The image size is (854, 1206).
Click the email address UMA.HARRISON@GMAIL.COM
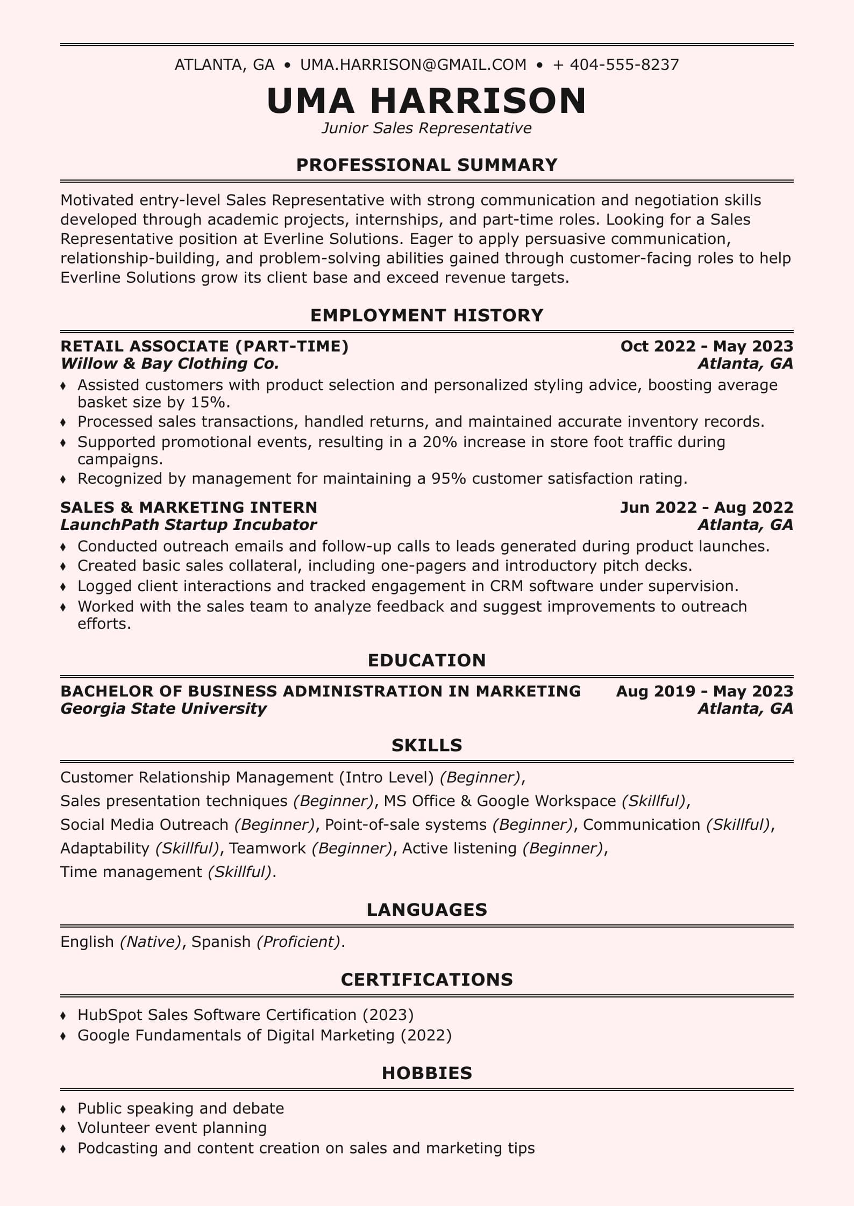point(413,65)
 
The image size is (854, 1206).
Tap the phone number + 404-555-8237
point(616,65)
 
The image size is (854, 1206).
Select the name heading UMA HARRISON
point(426,101)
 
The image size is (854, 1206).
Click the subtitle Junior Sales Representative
point(426,128)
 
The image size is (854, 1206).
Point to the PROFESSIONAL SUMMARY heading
point(426,164)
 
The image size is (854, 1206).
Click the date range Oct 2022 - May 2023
point(706,346)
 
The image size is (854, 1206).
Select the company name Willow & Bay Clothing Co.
point(170,364)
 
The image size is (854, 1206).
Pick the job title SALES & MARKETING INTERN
point(189,507)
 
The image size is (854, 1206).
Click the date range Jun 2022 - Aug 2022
point(706,507)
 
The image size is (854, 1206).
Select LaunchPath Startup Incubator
point(188,525)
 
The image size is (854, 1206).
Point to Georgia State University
point(163,708)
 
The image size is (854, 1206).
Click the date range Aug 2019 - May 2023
point(704,691)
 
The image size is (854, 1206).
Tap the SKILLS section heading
point(426,745)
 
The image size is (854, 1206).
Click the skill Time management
point(131,872)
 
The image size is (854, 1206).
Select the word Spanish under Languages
point(221,942)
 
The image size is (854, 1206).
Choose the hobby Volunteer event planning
point(172,1128)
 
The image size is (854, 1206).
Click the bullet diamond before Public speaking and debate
point(63,1109)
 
